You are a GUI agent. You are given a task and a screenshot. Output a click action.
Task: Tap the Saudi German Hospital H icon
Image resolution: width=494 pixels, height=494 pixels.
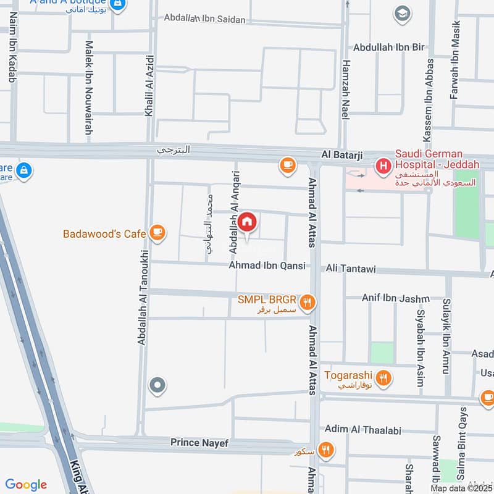(383, 165)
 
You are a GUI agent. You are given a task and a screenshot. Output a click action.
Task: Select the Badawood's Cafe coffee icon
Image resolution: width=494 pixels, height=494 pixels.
(157, 233)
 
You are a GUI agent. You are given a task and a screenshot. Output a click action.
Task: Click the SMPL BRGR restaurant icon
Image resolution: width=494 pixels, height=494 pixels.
(308, 302)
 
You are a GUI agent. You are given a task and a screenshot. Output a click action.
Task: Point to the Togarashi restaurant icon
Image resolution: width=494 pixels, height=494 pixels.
(383, 377)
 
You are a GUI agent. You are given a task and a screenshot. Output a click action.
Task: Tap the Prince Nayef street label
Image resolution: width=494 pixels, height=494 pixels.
(199, 443)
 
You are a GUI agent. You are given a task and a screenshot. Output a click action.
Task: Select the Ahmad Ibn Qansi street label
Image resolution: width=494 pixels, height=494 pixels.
(267, 266)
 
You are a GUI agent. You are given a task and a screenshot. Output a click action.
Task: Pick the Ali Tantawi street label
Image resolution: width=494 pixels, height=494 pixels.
(350, 269)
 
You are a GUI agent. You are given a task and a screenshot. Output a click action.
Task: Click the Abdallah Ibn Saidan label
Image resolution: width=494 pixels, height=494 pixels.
(204, 19)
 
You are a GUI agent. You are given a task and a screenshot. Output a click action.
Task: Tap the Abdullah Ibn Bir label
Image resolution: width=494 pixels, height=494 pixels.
(389, 47)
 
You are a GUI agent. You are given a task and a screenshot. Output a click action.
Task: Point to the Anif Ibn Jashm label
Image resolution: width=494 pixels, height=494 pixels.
(395, 298)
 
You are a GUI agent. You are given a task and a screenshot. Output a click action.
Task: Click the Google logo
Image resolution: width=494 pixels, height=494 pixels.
(26, 485)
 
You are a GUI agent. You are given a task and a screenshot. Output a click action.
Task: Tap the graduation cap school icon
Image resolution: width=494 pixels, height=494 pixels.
(403, 14)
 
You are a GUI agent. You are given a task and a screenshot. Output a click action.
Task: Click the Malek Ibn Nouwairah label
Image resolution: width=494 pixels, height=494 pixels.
(90, 88)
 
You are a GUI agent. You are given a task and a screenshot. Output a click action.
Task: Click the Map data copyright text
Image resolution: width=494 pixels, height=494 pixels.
(461, 488)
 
